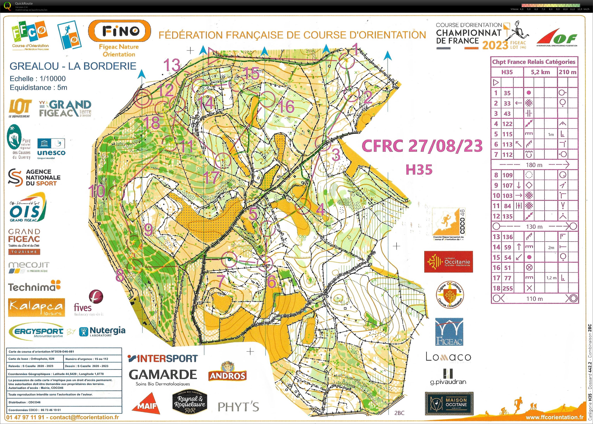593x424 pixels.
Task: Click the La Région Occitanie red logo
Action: (448, 262)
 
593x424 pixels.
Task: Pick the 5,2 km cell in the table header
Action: (540, 72)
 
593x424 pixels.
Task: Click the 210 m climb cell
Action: (567, 72)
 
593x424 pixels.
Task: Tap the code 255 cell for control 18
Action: (508, 288)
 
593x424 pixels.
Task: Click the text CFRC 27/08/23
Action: (422, 146)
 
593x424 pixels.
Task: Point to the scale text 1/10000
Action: (50, 79)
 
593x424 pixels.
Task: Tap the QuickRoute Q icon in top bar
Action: (8, 6)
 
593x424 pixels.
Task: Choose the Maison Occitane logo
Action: (449, 403)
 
